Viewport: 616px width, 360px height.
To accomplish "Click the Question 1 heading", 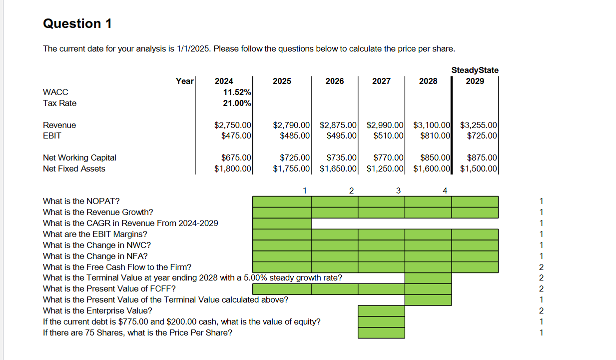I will point(77,23).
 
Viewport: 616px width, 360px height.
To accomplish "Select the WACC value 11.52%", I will point(237,92).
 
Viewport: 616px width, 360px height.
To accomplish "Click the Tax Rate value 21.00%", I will point(237,103).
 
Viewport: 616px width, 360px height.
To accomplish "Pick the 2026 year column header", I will point(334,81).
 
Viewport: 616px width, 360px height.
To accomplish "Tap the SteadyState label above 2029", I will point(475,70).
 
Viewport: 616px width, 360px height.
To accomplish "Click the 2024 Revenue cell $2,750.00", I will point(232,125).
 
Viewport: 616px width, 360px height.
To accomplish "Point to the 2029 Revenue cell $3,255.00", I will point(478,125).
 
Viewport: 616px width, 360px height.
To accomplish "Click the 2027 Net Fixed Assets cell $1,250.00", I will point(385,168).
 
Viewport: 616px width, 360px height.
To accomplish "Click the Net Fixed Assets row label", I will point(74,168).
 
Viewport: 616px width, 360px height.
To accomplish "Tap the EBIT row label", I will point(52,135).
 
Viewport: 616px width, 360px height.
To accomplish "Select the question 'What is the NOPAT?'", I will point(81,201).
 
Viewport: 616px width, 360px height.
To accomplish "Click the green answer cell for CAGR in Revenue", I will point(282,223).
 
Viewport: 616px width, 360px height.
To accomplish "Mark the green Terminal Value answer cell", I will point(428,277).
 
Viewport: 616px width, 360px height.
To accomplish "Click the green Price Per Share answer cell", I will point(381,332).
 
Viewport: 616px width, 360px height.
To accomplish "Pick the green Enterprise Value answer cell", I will point(381,310).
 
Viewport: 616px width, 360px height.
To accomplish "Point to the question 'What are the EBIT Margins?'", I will point(95,234).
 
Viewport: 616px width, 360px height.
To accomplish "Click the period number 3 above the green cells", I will point(398,190).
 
